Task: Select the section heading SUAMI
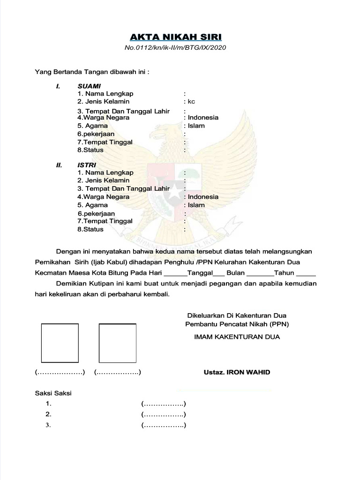[89, 86]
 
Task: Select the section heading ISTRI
[87, 165]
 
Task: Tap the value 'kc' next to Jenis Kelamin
[191, 101]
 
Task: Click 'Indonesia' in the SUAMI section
[202, 118]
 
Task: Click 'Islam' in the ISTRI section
[196, 205]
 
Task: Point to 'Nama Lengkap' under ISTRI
[109, 172]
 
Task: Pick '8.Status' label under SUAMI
[90, 150]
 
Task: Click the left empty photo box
[60, 342]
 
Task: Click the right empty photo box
[117, 343]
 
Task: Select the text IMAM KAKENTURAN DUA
[237, 337]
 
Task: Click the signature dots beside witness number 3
[164, 426]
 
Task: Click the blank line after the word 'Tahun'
[306, 273]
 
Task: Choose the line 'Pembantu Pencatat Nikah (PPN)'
[237, 324]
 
